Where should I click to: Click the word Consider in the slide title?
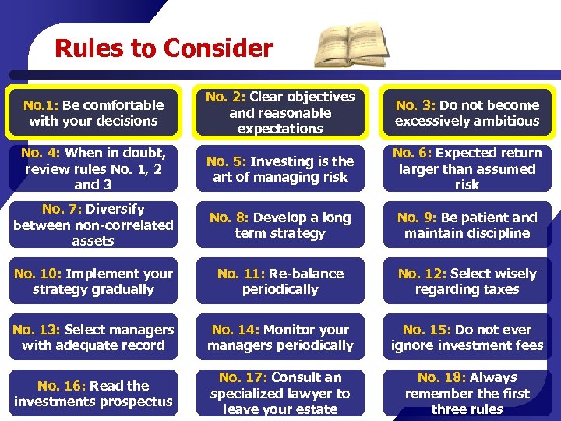click(219, 48)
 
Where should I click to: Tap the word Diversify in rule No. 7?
click(115, 209)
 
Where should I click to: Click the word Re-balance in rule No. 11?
click(306, 274)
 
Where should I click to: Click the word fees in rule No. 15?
click(529, 345)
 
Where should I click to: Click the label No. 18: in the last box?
click(443, 378)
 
